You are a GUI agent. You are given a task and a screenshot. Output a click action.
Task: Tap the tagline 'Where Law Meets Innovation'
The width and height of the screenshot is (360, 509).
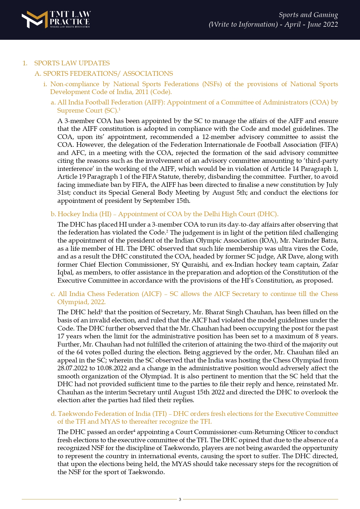(70, 27)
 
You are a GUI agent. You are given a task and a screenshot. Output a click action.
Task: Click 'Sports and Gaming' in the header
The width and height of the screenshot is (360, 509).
(308, 15)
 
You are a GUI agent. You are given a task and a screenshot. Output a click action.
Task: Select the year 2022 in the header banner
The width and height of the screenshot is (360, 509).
(330, 24)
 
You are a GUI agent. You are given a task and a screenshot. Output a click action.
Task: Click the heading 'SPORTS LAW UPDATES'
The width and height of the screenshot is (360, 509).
(72, 63)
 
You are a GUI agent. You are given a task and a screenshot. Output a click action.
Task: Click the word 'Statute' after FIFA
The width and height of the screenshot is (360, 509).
(170, 177)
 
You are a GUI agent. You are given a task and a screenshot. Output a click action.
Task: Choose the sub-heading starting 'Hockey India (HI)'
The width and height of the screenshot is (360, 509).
(168, 214)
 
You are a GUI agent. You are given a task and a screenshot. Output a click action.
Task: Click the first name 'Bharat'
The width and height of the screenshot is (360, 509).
(215, 312)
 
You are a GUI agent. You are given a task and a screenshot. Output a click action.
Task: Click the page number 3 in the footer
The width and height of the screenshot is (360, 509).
(180, 499)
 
